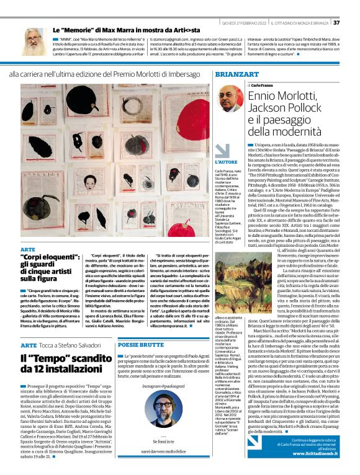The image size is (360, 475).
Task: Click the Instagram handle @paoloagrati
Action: (161, 386)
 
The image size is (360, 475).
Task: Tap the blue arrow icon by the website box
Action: (253, 442)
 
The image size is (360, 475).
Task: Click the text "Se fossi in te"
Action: (160, 442)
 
